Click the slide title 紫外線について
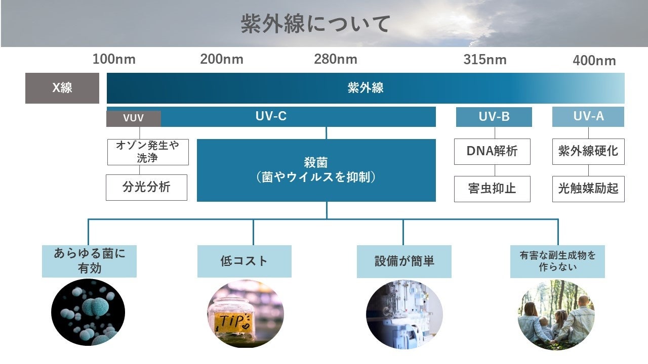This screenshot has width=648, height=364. pos(315,24)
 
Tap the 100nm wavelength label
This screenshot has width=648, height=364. pos(114,59)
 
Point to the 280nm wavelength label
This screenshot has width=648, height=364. pos(335,59)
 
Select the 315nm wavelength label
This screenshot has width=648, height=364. pos(484,59)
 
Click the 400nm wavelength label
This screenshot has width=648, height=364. pos(594,61)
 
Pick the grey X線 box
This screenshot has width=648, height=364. pos(62,88)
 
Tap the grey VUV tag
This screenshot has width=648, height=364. pos(134,118)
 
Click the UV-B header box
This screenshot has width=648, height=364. pos(494,117)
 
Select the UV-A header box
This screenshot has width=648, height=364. pos(588,116)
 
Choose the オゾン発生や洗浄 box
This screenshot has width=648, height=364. pos(148,152)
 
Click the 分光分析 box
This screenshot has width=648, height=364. pos(146,187)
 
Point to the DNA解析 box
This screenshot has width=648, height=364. pos(492,151)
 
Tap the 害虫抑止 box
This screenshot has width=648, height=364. pos(492,189)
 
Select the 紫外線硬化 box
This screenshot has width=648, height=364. pos(588,151)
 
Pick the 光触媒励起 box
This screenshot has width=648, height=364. pos(588,189)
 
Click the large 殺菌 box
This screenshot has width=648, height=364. pos(316,170)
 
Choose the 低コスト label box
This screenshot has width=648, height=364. pos(244,261)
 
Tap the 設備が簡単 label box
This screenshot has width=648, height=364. pos(404,261)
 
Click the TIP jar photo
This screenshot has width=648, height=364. pos(245,314)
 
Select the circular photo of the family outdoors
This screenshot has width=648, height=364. pos(556,314)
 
